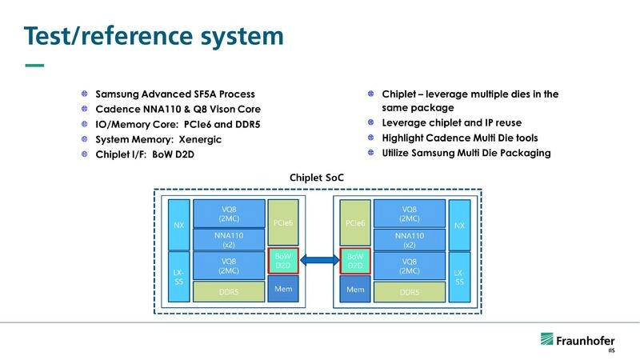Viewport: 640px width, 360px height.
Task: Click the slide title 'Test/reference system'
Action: [x=152, y=36]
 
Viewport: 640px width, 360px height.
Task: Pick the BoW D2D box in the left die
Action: [x=283, y=260]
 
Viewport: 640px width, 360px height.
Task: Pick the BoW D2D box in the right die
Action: [x=355, y=260]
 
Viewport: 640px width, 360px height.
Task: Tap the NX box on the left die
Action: [x=179, y=225]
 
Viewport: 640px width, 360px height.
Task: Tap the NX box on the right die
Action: [x=459, y=225]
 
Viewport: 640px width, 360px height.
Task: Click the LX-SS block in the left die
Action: [x=179, y=277]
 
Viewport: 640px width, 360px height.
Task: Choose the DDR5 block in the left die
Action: [x=229, y=292]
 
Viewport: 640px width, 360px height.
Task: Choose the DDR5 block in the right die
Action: [x=410, y=292]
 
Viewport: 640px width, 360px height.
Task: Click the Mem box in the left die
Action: [x=283, y=288]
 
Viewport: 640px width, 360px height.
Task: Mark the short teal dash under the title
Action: [x=35, y=65]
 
